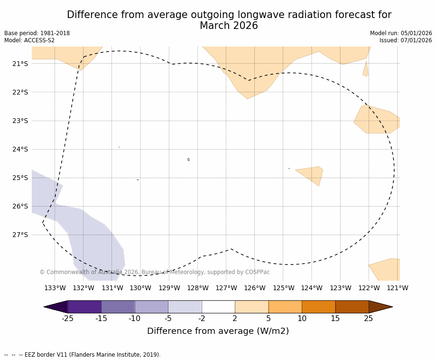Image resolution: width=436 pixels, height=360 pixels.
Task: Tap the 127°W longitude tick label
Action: coord(226,288)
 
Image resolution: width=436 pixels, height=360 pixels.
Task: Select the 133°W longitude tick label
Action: coord(55,288)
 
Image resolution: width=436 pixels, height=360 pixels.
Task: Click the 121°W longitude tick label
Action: coord(397,288)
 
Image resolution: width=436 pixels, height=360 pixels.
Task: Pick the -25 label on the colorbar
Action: coord(67,319)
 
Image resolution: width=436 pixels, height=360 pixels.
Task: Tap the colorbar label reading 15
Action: coord(335,319)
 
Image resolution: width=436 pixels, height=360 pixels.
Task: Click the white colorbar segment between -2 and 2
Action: coord(218,307)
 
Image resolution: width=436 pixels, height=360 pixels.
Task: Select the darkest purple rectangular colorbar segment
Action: coord(84,307)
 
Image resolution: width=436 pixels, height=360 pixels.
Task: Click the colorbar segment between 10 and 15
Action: coord(318,307)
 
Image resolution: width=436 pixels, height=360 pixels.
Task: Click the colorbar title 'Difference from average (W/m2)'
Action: coord(218,331)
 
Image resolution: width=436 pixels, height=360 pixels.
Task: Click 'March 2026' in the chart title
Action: coord(229,26)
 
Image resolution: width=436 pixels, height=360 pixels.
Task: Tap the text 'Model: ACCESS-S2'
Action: coord(29,40)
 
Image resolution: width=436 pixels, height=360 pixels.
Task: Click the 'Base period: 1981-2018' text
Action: coord(37,33)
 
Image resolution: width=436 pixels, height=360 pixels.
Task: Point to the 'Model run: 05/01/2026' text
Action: coord(401,33)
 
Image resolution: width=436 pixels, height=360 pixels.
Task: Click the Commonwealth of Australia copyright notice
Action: coord(154,272)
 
